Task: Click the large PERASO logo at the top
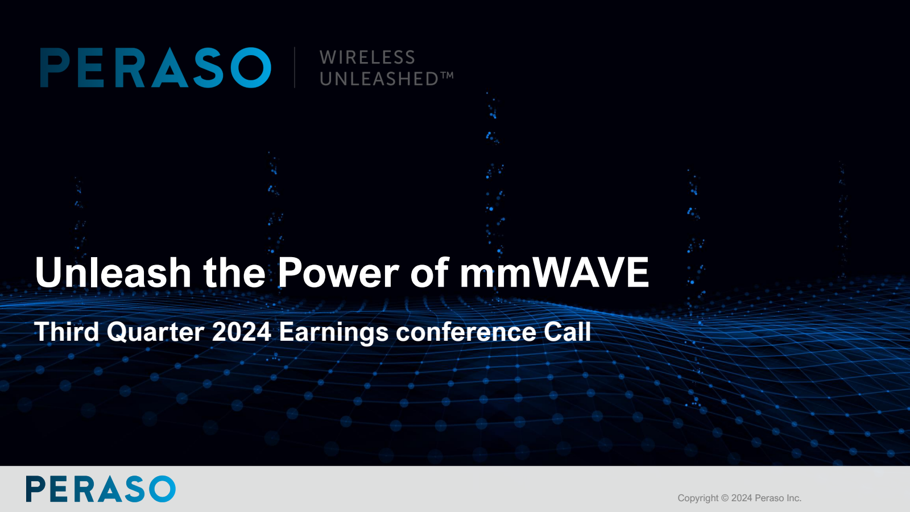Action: (155, 68)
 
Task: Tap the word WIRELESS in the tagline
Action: (367, 57)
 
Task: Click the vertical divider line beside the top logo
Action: (295, 68)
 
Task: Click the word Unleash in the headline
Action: (113, 272)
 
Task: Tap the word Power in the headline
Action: (338, 272)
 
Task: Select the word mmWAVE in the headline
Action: (554, 272)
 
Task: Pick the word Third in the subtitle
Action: (67, 332)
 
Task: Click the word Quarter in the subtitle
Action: (156, 332)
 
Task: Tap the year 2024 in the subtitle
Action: (241, 332)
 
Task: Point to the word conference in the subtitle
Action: (466, 332)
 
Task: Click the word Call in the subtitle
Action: (567, 332)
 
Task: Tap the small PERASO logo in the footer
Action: (101, 489)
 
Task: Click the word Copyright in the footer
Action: (698, 498)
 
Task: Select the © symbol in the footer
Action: (725, 498)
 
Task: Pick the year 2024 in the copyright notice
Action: (742, 498)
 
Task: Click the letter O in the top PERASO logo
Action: (251, 68)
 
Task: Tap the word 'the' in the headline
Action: (234, 272)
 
